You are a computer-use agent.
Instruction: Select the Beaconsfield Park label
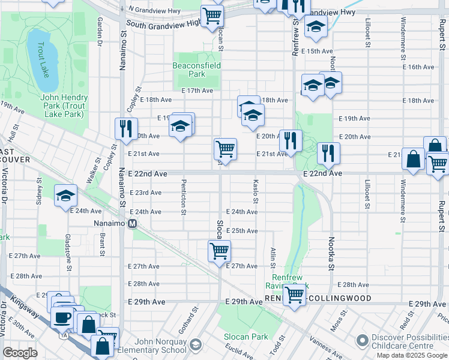tap(197, 70)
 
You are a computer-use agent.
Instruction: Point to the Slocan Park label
tap(246, 337)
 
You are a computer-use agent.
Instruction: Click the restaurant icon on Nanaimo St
tap(126, 129)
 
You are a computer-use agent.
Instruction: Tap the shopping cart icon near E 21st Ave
tap(225, 148)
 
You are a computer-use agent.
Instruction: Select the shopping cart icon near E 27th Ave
tap(219, 250)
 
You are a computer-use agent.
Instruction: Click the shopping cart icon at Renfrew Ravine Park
tap(294, 295)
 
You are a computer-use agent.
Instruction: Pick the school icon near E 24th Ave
tap(66, 195)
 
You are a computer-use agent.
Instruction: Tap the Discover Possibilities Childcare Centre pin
tap(362, 341)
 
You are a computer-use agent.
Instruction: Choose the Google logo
tap(20, 353)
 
